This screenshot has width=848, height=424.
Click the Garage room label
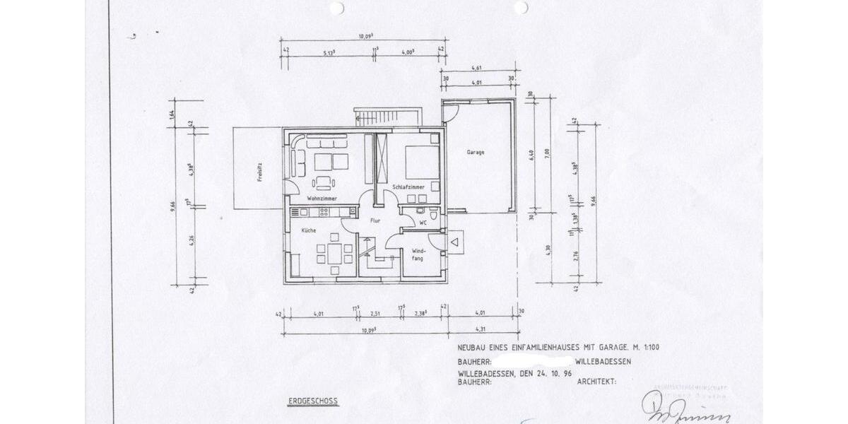tap(475, 153)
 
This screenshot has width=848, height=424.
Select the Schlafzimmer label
tap(408, 187)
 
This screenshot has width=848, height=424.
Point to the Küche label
tap(309, 231)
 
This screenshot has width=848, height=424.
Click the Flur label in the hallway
tap(376, 220)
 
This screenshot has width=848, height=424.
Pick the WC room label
tap(423, 223)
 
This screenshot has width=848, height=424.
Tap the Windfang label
tap(418, 255)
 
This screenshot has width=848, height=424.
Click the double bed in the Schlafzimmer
tap(421, 162)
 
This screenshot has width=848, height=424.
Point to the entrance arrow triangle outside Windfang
tap(456, 244)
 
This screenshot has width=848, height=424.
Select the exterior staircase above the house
tap(387, 117)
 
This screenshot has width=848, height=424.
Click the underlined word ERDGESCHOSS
tap(312, 401)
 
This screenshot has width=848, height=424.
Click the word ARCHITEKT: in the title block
tap(596, 381)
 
